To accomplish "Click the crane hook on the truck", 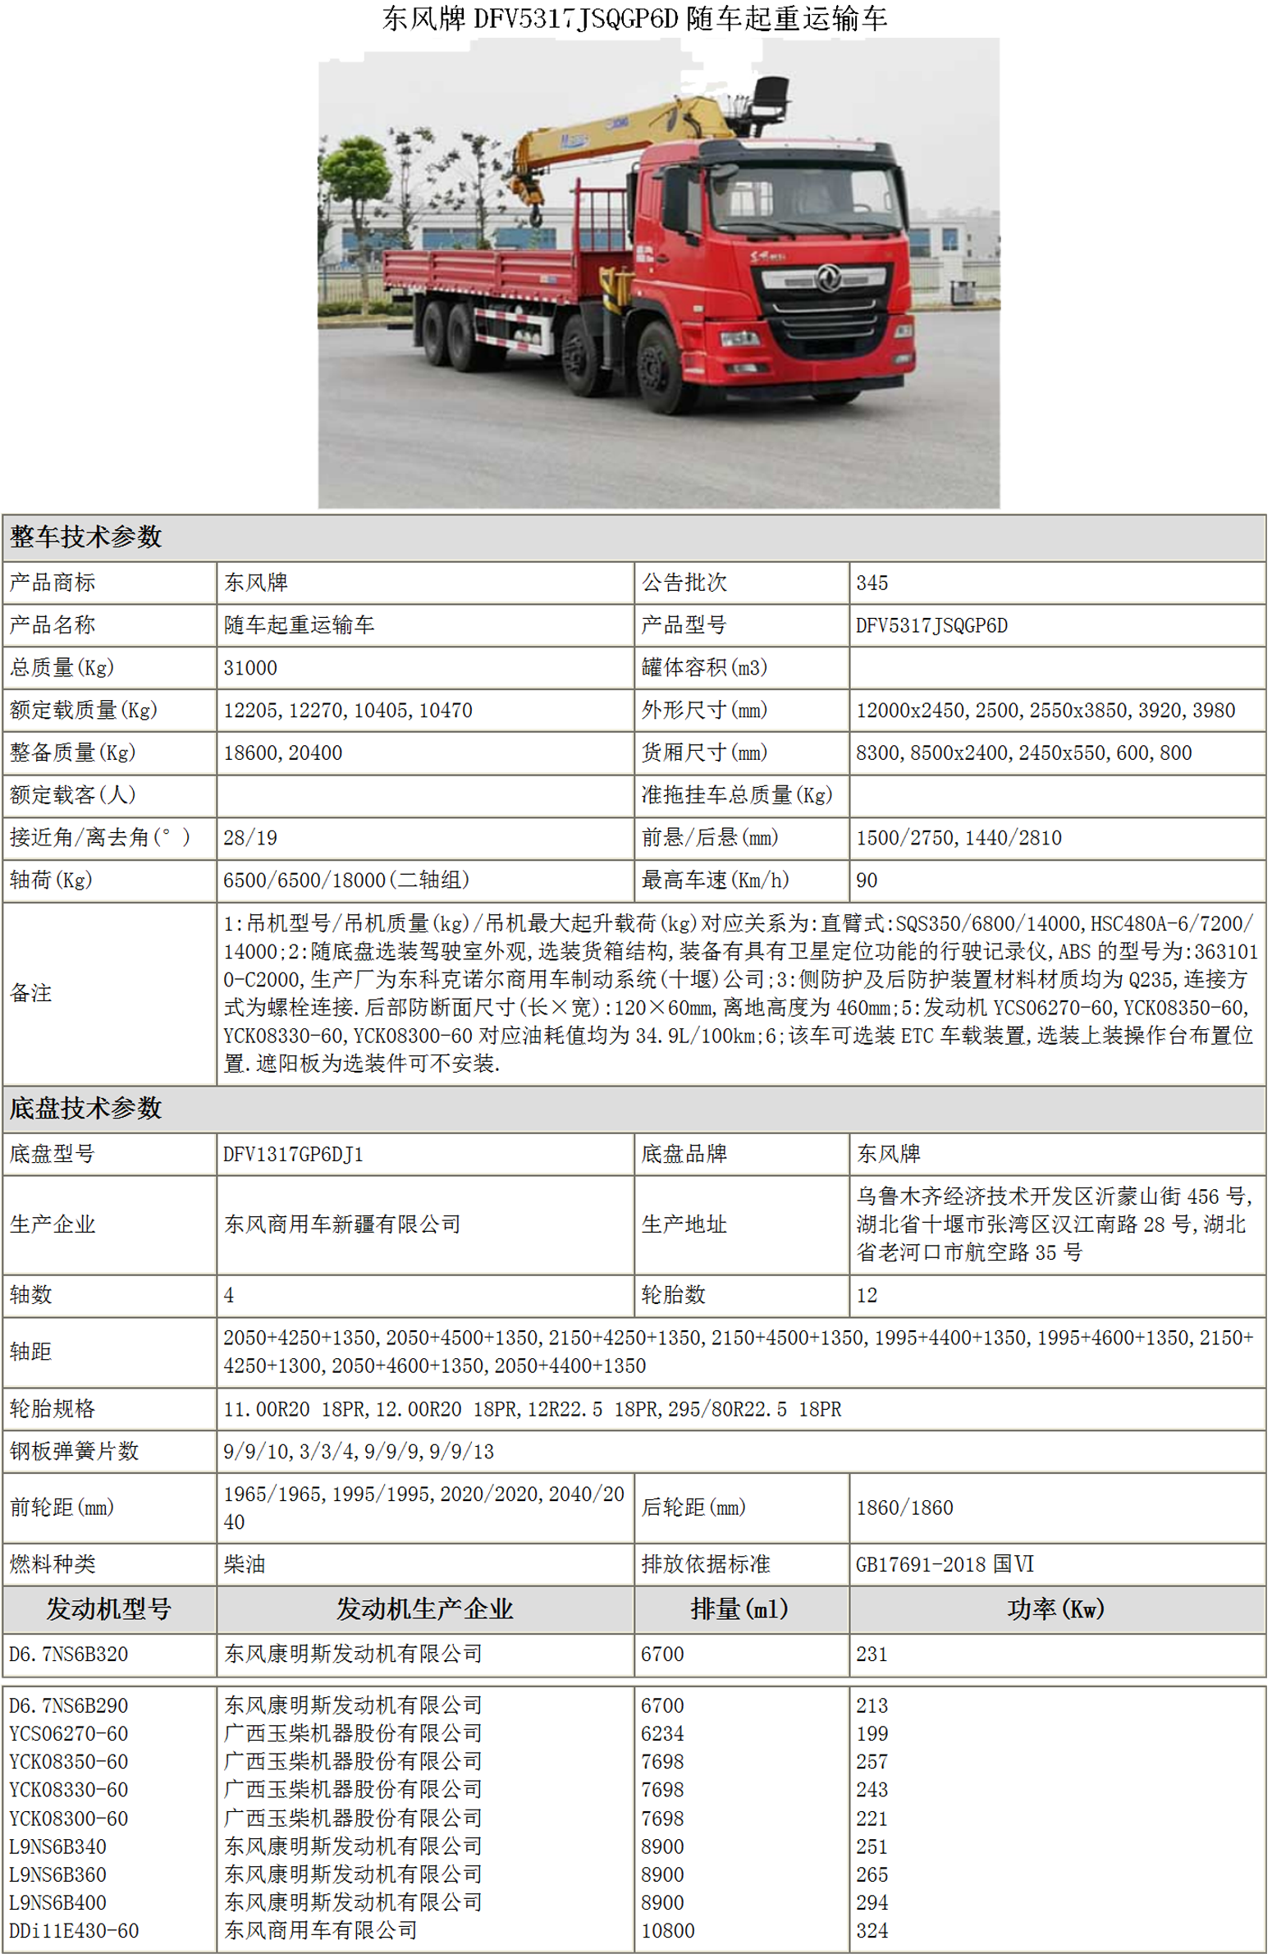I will [x=535, y=216].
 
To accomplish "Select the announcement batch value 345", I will [x=872, y=583].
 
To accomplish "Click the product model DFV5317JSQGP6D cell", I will [x=931, y=625].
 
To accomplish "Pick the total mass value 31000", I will [x=250, y=668].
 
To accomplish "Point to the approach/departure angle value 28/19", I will [x=250, y=837].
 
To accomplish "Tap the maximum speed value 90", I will [x=867, y=880].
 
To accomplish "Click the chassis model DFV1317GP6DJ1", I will [x=293, y=1155].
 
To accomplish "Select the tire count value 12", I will [x=867, y=1296].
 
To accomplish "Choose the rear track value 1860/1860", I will [x=904, y=1508].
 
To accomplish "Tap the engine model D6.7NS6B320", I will [x=69, y=1654].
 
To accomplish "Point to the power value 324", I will [x=872, y=1930].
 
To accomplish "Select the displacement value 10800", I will [x=668, y=1930].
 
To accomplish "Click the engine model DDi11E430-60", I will [x=74, y=1930].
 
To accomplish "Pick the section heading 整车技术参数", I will [x=86, y=537].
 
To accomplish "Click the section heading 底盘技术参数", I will [x=86, y=1109].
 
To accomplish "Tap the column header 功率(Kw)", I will [x=1055, y=1609].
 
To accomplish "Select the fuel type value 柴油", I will [x=245, y=1564].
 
